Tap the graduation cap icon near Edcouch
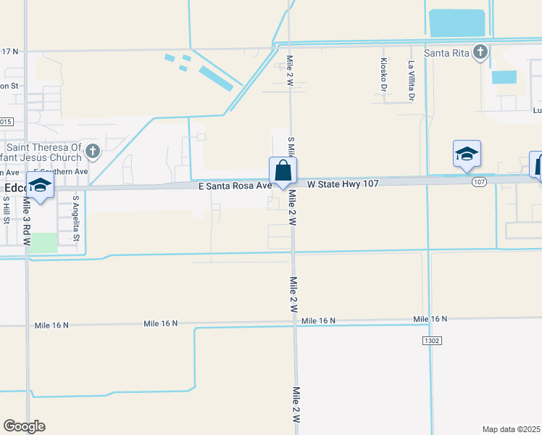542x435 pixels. [x=41, y=185]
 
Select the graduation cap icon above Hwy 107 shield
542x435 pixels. [x=467, y=154]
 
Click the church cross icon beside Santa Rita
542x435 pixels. [x=480, y=51]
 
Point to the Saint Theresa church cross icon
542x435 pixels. [x=91, y=151]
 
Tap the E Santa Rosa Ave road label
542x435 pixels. [x=235, y=186]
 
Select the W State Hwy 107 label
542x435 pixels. [x=343, y=184]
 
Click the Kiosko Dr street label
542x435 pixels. [x=383, y=75]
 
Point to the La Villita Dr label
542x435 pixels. [x=411, y=80]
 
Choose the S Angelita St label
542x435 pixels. [x=75, y=217]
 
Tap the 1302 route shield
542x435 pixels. [x=430, y=340]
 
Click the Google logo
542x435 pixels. [x=24, y=426]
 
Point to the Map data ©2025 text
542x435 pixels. [x=512, y=429]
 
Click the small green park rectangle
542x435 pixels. [x=44, y=243]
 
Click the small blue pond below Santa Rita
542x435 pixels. [x=504, y=78]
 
